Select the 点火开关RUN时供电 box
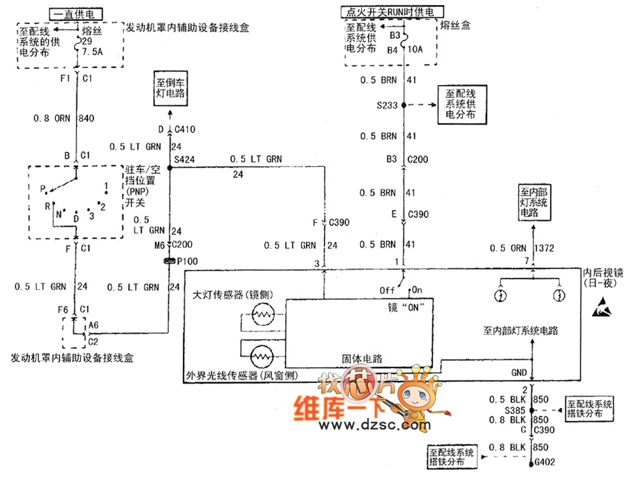tap(393, 11)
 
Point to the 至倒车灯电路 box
tap(170, 89)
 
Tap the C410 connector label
tap(185, 130)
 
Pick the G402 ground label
tap(547, 462)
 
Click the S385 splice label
tap(515, 410)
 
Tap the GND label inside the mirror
tap(519, 372)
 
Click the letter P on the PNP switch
tap(43, 189)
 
